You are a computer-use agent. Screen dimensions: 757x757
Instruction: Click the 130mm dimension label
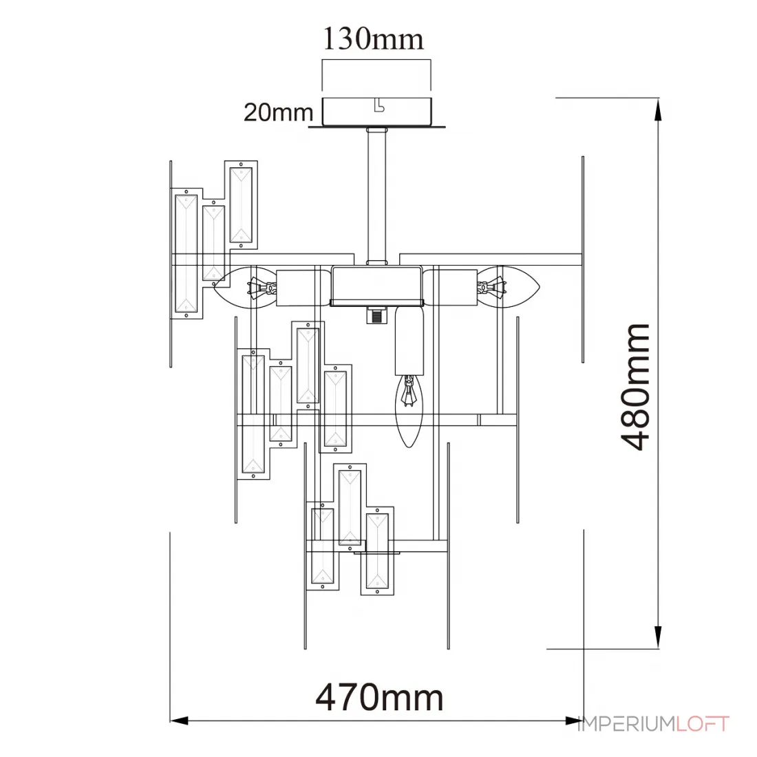[373, 39]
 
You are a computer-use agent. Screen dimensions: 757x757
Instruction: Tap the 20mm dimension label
[279, 112]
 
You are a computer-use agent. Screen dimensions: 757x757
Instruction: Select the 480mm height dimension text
[635, 387]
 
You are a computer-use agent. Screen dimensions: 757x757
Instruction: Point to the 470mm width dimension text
[379, 697]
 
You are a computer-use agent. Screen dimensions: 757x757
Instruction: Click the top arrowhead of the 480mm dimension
[657, 111]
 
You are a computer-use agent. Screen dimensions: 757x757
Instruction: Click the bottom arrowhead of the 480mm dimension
[657, 637]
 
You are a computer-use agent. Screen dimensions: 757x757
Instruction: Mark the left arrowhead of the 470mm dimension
[179, 721]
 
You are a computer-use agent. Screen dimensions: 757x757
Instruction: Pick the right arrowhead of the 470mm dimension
[575, 721]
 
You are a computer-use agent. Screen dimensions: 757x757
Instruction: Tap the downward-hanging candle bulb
[409, 412]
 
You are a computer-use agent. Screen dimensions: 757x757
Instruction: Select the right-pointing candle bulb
[509, 287]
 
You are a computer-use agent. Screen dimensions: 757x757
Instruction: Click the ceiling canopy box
[376, 111]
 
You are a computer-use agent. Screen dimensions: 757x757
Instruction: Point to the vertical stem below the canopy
[376, 196]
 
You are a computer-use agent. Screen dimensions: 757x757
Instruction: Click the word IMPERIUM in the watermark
[626, 724]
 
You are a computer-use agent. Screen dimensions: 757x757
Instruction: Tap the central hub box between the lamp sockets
[376, 285]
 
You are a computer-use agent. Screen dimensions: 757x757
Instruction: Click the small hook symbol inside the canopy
[379, 105]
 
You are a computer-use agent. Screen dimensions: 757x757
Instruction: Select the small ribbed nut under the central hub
[376, 314]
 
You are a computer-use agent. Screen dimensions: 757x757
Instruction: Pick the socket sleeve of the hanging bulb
[409, 341]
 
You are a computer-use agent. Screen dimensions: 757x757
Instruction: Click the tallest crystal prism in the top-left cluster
[186, 254]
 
